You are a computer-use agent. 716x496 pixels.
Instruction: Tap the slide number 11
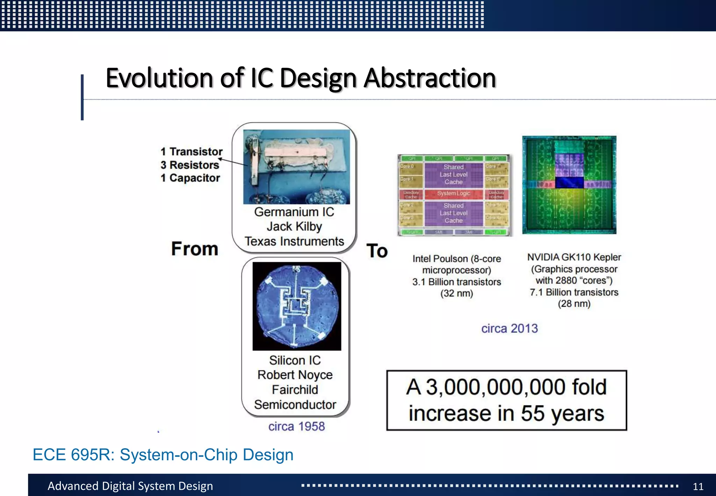(x=698, y=487)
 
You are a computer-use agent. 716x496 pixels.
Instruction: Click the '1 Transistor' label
(x=192, y=151)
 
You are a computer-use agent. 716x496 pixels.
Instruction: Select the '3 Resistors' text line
(x=190, y=165)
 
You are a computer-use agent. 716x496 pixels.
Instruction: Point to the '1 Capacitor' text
(x=190, y=178)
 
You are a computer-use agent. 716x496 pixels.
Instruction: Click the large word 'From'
(x=194, y=249)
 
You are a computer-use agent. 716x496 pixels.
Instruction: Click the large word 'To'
(x=377, y=251)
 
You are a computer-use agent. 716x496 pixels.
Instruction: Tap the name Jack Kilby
(x=294, y=227)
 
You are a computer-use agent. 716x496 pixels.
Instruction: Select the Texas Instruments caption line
(x=294, y=241)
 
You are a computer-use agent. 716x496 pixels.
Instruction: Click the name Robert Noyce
(x=295, y=375)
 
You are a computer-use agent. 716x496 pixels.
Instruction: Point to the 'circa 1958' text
(x=296, y=426)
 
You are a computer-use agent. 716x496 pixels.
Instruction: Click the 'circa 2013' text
(x=509, y=328)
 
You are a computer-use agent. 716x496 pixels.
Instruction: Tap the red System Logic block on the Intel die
(x=453, y=193)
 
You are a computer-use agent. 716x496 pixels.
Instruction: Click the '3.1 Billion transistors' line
(x=456, y=282)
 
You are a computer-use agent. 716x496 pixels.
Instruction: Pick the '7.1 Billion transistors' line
(x=574, y=292)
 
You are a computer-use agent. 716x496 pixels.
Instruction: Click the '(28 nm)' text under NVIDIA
(x=574, y=304)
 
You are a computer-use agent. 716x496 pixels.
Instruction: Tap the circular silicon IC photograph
(x=296, y=306)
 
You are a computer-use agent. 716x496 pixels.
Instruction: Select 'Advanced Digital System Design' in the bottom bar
(x=130, y=486)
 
